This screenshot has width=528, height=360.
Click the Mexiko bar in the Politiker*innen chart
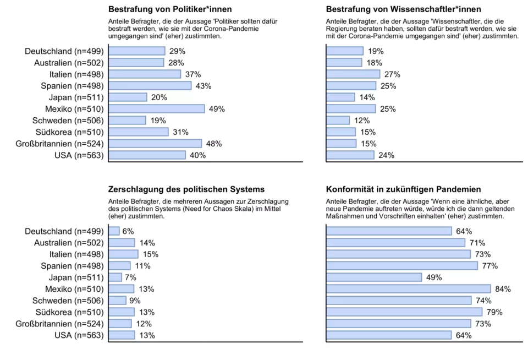click(x=157, y=109)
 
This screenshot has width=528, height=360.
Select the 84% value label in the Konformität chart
click(x=503, y=289)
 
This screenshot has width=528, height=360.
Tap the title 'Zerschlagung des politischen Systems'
click(x=186, y=189)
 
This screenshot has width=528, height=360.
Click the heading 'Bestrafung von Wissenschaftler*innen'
click(x=403, y=9)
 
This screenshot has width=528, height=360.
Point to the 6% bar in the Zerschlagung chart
click(x=114, y=231)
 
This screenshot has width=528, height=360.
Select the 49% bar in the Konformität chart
click(x=374, y=277)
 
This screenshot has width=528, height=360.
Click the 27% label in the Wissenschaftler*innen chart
click(x=392, y=74)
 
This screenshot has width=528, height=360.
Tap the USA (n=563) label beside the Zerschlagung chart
click(x=79, y=335)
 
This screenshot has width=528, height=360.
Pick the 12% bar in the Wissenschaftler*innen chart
click(x=338, y=121)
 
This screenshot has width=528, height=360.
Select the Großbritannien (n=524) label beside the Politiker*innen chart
click(x=61, y=144)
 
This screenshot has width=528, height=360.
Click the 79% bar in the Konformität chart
click(x=404, y=312)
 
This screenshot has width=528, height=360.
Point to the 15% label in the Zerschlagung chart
click(x=151, y=254)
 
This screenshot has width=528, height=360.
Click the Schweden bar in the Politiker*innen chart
click(x=127, y=121)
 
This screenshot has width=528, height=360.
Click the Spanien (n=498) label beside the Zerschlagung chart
click(x=73, y=266)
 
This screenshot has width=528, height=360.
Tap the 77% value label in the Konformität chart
click(x=490, y=266)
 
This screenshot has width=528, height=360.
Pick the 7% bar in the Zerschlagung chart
click(x=115, y=277)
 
